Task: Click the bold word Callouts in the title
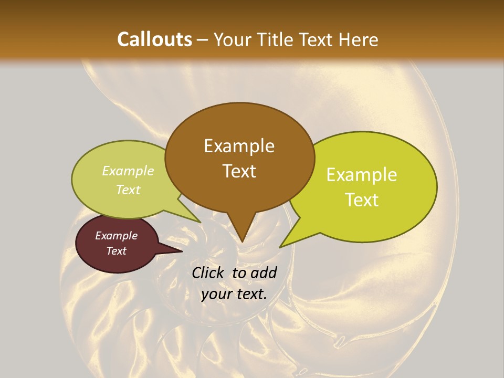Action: coord(154,39)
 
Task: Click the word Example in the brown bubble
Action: coord(239,146)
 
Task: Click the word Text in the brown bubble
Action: coord(239,171)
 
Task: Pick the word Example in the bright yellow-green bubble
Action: coord(362,175)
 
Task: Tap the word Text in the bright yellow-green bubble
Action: coord(362,200)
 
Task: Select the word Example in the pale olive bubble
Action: coord(128,171)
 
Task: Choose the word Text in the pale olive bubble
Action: coord(128,190)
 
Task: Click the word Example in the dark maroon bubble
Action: coord(117,236)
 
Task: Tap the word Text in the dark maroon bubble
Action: coord(117,251)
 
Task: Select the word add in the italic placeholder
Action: coord(264,272)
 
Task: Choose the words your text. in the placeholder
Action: coord(234,294)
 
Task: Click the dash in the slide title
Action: coord(203,40)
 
